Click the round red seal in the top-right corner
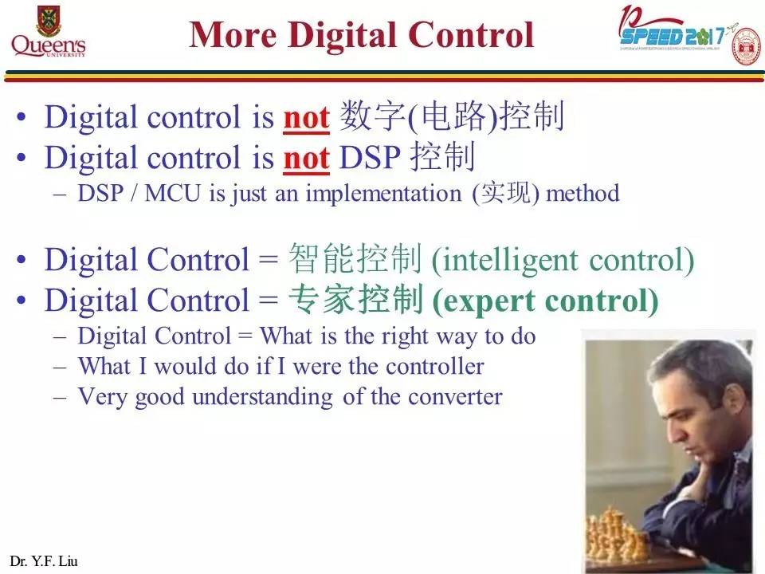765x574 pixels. point(746,46)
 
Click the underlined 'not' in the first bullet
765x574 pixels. point(306,118)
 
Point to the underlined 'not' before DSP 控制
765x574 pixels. point(306,159)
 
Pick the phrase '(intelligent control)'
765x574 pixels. point(563,260)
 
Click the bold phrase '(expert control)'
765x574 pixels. point(545,301)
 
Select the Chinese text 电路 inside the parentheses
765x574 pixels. point(453,118)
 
